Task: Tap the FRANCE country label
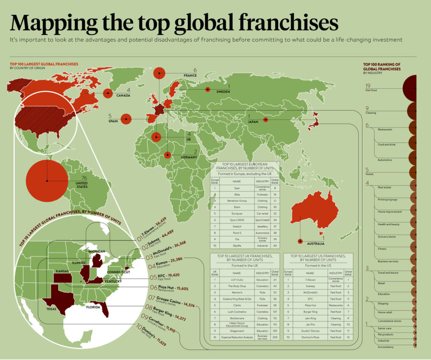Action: pos(190,76)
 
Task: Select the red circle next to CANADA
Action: pos(109,93)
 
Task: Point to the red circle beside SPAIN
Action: pos(126,119)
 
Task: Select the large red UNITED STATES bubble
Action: pos(47,180)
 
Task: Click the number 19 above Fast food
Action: pos(368,85)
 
